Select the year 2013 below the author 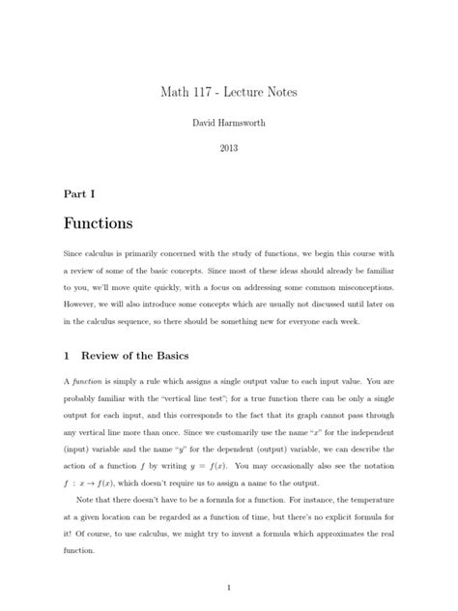coord(229,148)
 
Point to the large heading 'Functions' coord(98,224)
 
